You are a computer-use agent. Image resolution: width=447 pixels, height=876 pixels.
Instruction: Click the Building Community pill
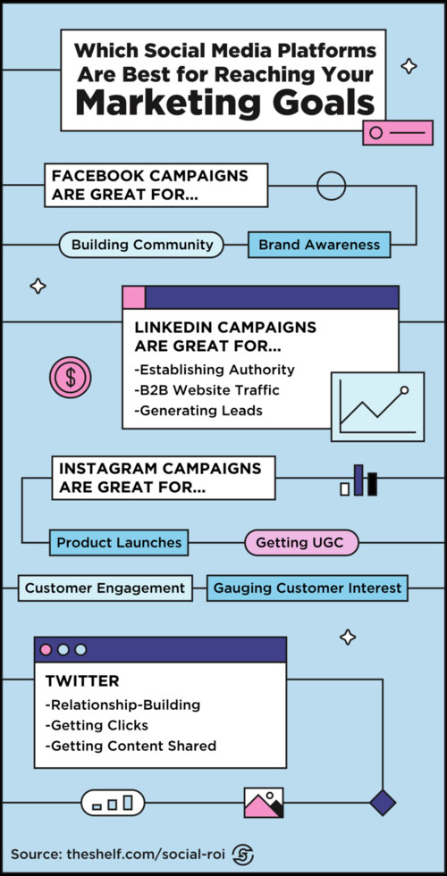coord(141,245)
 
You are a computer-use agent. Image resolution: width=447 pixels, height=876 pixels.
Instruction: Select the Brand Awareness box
coord(319,245)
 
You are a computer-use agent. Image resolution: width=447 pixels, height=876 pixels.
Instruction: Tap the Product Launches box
coord(119,542)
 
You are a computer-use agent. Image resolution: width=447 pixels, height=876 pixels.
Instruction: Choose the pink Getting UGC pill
coord(301,542)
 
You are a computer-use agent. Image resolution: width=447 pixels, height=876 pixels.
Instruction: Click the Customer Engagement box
coord(105,588)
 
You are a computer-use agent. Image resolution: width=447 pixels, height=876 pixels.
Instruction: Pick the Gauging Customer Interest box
coord(308,588)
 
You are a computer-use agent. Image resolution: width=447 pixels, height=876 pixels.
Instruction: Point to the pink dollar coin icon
coord(70,378)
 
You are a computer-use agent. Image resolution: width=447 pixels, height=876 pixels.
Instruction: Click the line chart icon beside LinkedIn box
coord(377,406)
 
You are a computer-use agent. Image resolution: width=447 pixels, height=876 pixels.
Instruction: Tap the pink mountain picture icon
coord(264,803)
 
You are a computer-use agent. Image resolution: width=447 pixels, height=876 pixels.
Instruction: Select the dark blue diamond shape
coord(383,803)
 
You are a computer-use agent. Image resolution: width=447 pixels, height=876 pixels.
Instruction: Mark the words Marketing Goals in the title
coord(225,102)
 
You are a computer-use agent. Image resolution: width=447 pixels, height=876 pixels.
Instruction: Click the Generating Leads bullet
coord(198,411)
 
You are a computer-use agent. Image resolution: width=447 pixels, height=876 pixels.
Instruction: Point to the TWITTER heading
coord(82,681)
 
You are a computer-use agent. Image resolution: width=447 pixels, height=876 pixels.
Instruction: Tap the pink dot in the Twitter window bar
coord(46,650)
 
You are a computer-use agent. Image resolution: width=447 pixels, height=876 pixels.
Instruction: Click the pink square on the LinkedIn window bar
coord(134,297)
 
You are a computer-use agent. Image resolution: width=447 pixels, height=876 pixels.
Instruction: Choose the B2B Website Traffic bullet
coord(207,390)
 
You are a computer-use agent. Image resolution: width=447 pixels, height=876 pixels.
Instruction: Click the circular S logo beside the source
coord(243,855)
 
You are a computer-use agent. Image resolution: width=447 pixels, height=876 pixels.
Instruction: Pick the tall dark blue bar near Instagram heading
coord(358,480)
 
